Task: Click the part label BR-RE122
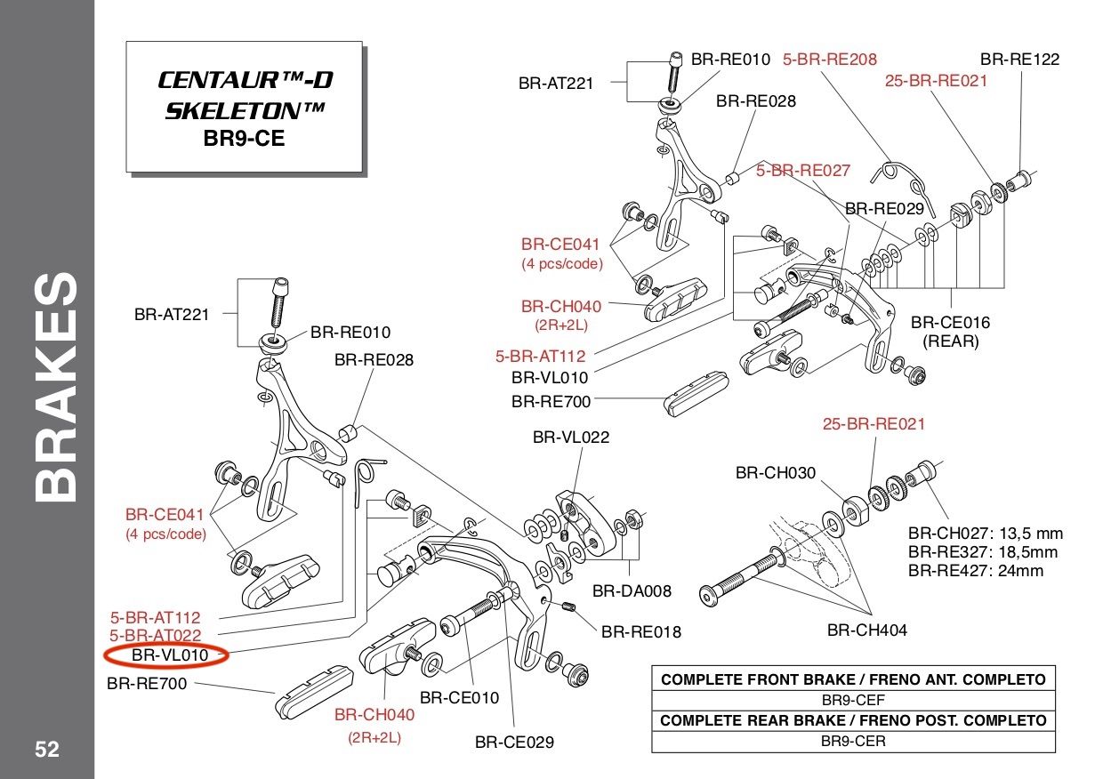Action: tap(1019, 60)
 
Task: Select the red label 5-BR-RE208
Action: tap(829, 60)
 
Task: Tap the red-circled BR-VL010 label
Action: tap(169, 656)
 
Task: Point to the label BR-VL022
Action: tap(570, 438)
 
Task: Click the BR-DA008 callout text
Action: tap(632, 590)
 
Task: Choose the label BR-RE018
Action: tap(640, 632)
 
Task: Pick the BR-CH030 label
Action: tap(775, 473)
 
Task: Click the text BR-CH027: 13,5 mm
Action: tap(985, 534)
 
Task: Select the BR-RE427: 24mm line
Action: tap(975, 571)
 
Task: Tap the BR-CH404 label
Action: tap(866, 630)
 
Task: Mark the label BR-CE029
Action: tap(514, 742)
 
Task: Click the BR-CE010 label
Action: tap(459, 698)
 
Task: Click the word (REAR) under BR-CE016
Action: tap(950, 341)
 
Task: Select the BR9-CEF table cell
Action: tap(853, 700)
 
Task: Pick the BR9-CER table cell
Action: tap(853, 741)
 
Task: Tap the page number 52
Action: tap(47, 750)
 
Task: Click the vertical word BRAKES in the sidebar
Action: tap(59, 387)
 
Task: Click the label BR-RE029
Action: tap(884, 209)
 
